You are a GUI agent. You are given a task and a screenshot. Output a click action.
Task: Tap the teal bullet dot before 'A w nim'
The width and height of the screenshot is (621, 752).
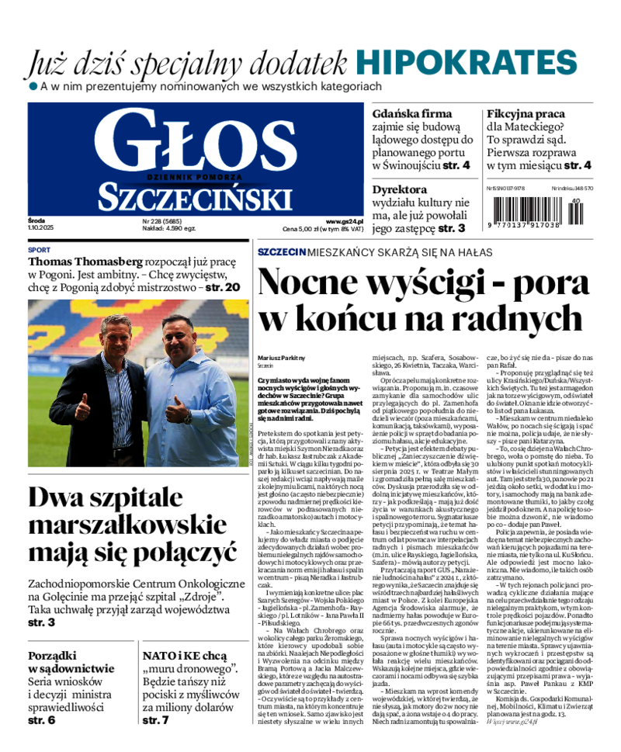(33, 85)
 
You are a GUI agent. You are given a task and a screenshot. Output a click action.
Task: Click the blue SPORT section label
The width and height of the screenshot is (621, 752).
(39, 250)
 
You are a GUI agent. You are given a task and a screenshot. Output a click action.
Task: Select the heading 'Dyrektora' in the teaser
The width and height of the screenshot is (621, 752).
(399, 189)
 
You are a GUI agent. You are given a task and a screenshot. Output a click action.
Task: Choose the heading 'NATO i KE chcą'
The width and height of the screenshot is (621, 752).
(184, 656)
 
